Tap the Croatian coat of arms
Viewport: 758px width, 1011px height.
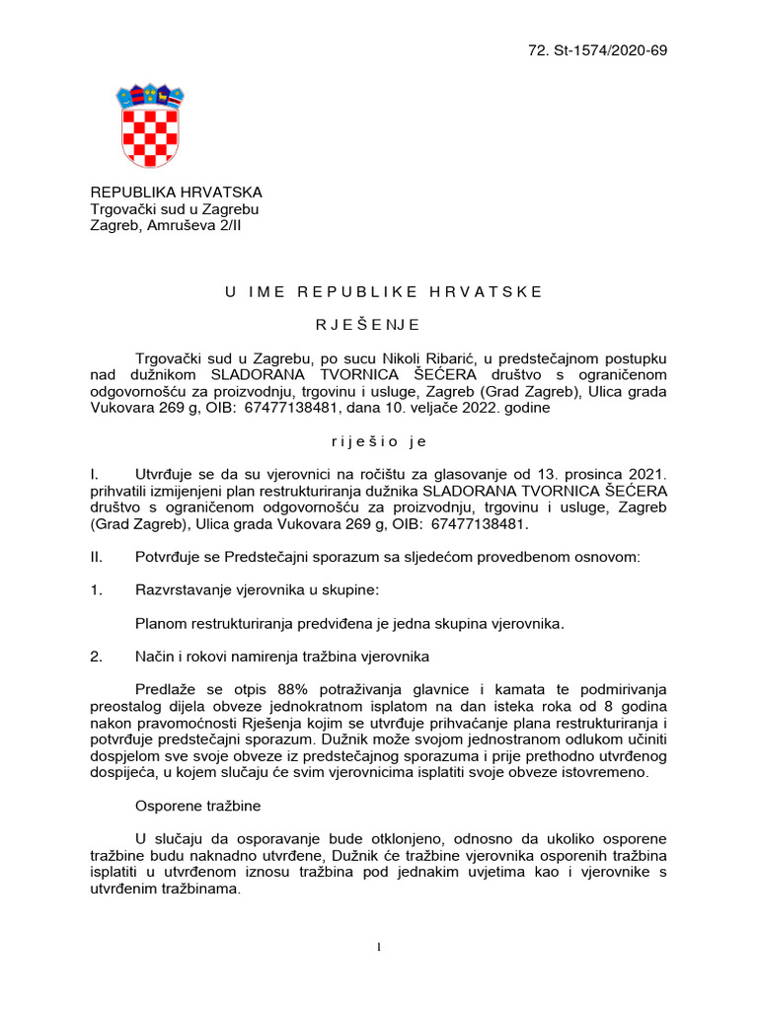pos(151,125)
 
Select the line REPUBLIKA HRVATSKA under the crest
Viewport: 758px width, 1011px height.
pos(177,193)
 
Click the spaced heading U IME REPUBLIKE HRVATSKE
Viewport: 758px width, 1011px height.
pos(383,291)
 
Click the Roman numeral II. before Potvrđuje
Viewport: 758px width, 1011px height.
pos(97,558)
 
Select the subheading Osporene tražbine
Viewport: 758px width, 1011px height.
pos(197,806)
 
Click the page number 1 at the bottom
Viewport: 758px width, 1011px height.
pos(379,948)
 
